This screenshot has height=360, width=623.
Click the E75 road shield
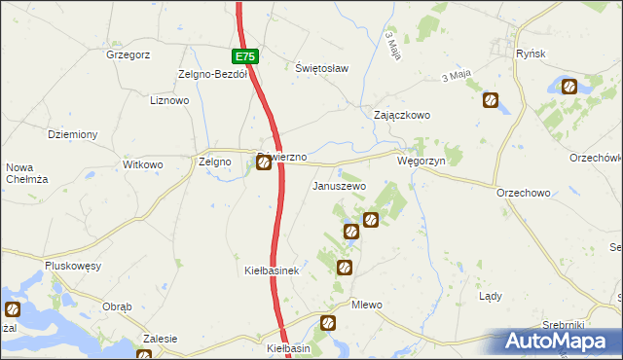[245, 57]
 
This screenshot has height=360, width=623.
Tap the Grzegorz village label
[128, 55]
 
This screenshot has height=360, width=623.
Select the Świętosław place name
[321, 68]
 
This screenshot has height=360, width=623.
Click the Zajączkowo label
[402, 115]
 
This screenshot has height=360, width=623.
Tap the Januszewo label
[338, 185]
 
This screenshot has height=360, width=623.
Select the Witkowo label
[143, 165]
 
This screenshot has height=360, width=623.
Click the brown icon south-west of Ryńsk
[491, 99]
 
